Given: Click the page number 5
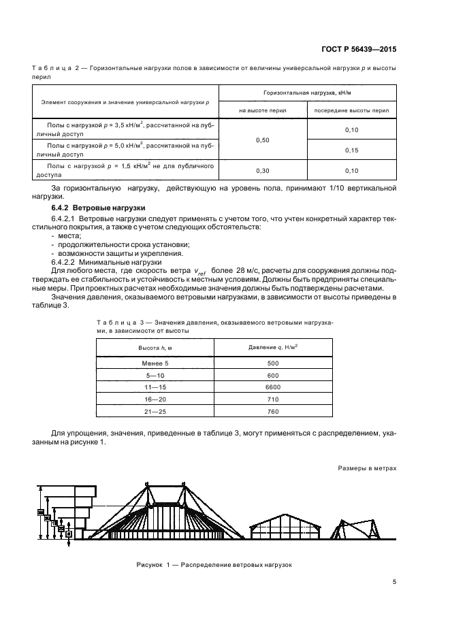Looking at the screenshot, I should pos(394,581).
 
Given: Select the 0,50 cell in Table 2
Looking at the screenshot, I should pos(262,140).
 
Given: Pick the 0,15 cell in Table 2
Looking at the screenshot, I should pos(352,150).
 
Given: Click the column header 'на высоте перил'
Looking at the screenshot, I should pos(262,110).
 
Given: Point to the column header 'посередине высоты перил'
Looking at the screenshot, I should pos(352,110).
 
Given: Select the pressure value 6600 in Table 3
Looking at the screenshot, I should pos(273,387).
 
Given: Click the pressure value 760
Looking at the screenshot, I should pos(273,411).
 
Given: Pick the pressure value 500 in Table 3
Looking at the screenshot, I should pos(273,363).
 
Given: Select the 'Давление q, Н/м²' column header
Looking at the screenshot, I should pos(273,347).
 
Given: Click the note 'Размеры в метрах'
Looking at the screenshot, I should pos(366,468).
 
